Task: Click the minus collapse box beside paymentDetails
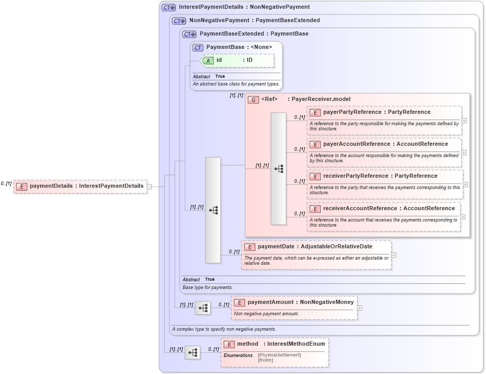(x=149, y=186)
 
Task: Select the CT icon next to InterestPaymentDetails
(x=168, y=8)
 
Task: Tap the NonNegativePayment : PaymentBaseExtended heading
(x=254, y=21)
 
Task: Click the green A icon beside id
(x=207, y=60)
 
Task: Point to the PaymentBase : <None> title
(x=239, y=47)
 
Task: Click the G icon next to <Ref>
(x=253, y=99)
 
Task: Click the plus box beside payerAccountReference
(x=464, y=152)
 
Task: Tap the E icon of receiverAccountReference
(x=315, y=209)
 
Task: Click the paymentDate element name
(x=276, y=247)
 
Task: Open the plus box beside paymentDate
(x=394, y=255)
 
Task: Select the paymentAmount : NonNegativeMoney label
(x=301, y=302)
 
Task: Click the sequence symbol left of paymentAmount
(x=203, y=308)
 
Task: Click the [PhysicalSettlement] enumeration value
(x=280, y=355)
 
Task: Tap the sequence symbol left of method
(x=193, y=352)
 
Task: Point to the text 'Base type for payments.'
(x=207, y=287)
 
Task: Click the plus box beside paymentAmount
(x=359, y=308)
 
